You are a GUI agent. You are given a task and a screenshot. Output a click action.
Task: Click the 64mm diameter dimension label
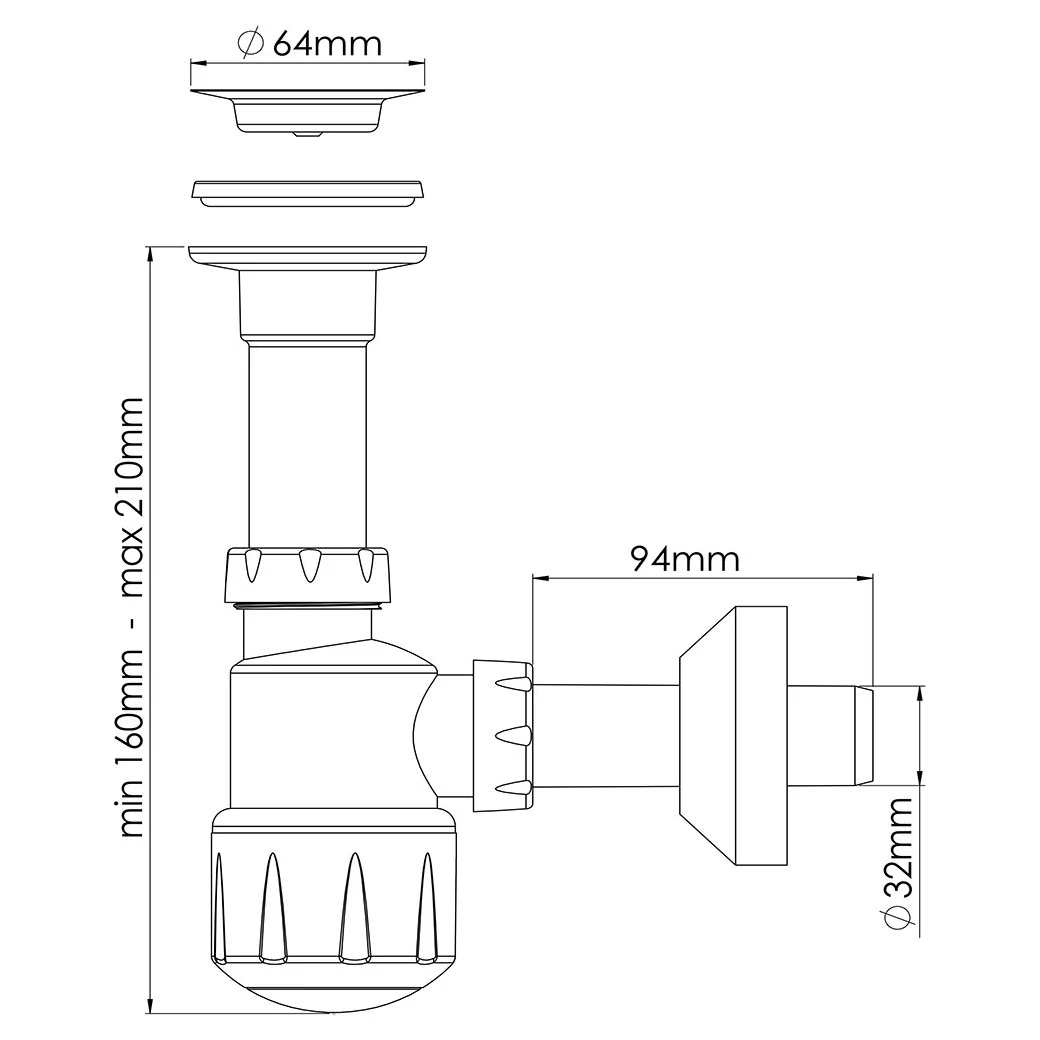pyautogui.click(x=310, y=44)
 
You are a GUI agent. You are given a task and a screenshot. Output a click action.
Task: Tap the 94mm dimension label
pyautogui.click(x=684, y=559)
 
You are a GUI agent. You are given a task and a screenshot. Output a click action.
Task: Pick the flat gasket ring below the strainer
pyautogui.click(x=307, y=192)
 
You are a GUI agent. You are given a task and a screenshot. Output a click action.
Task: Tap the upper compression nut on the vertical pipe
pyautogui.click(x=307, y=575)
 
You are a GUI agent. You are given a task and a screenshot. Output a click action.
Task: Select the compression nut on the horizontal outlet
pyautogui.click(x=503, y=736)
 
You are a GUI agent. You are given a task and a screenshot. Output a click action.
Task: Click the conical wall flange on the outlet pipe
pyautogui.click(x=734, y=735)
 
